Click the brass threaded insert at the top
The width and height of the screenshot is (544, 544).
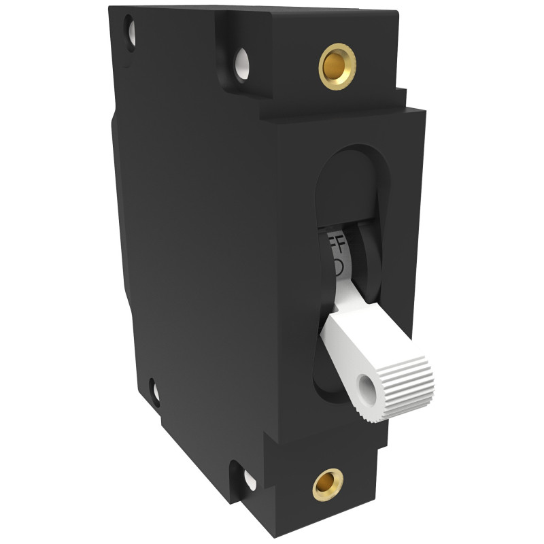tap(337, 65)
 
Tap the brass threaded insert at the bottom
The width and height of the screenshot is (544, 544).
tap(328, 484)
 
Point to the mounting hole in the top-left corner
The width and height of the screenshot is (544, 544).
tap(129, 31)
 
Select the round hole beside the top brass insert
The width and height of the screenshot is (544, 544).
tap(242, 65)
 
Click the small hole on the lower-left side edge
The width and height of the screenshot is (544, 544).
tap(155, 393)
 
